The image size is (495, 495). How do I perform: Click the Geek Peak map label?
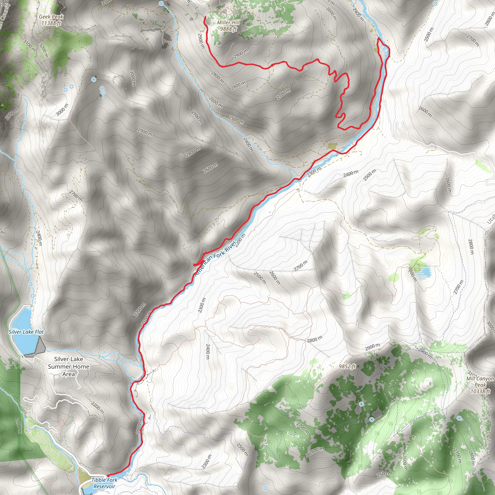51,17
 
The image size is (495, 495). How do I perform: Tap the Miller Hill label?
228,22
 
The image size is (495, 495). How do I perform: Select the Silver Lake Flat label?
26,332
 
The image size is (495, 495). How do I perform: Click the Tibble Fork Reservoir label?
104,483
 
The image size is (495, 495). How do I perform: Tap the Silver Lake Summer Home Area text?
69,367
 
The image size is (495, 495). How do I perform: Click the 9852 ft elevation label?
347,366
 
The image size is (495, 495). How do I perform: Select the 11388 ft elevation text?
51,23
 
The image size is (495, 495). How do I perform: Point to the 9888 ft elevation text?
228,29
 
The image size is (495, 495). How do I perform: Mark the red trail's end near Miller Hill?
205,17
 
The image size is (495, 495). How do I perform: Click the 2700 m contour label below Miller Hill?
283,94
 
